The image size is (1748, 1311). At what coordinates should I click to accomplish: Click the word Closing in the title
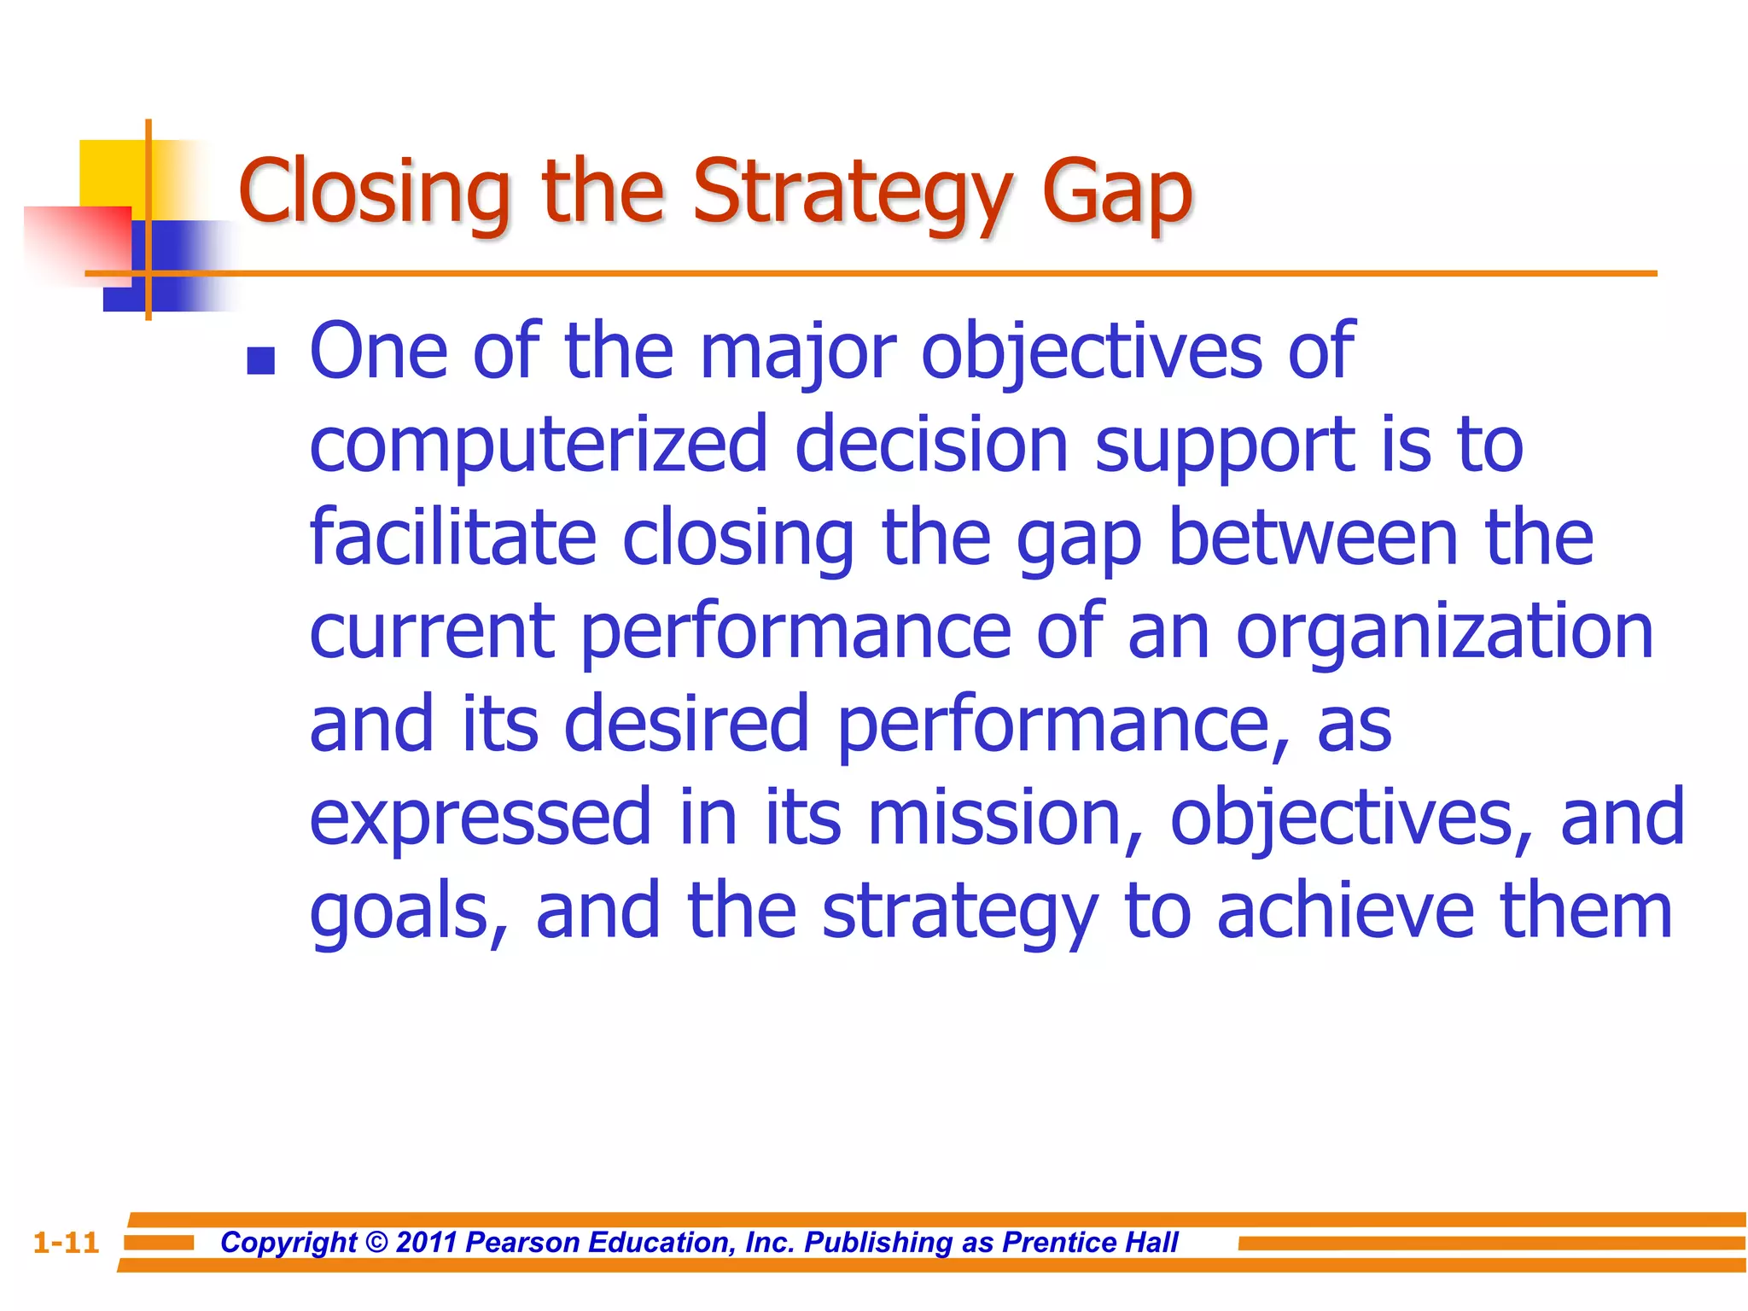pos(374,192)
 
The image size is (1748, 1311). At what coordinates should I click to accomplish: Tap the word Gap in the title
pos(1116,192)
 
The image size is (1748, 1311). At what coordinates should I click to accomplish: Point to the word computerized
pos(538,446)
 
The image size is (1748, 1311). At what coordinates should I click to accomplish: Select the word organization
pos(1444,633)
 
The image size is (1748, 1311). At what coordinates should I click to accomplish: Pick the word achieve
pos(1344,911)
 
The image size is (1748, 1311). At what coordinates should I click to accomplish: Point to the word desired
pos(686,724)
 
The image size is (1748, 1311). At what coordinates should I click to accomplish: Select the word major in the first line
pos(797,352)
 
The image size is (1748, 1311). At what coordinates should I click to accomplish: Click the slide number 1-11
pos(67,1243)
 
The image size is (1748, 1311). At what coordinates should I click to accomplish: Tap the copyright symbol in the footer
pos(376,1243)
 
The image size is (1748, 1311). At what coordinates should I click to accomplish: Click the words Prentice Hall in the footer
pos(1090,1243)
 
